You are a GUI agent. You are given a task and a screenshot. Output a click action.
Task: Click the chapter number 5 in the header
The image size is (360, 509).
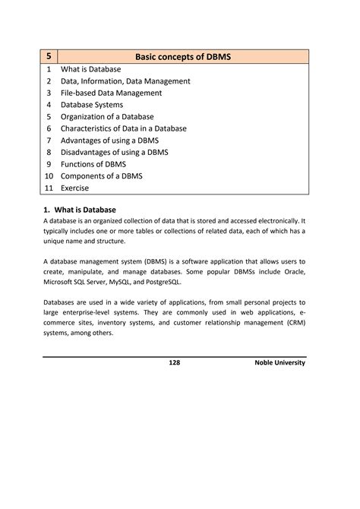click(49, 56)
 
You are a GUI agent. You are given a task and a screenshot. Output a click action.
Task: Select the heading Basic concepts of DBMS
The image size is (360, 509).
click(183, 56)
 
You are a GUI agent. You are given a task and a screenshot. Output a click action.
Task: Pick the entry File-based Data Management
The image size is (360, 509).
click(112, 93)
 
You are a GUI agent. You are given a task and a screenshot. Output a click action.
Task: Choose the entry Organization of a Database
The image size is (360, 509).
click(107, 117)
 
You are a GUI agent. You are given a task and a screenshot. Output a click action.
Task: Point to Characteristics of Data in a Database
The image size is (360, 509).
click(124, 128)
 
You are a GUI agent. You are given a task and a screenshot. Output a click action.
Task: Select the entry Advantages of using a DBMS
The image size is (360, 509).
click(114, 141)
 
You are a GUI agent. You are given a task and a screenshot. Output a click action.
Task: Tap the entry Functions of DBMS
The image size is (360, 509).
click(93, 164)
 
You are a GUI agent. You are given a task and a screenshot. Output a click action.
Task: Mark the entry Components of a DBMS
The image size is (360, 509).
click(101, 176)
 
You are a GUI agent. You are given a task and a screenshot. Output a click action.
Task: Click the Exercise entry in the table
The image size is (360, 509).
click(74, 188)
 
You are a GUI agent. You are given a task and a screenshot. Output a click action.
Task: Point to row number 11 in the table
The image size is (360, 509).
click(49, 188)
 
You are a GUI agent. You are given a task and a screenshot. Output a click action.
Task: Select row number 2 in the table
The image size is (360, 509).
click(49, 81)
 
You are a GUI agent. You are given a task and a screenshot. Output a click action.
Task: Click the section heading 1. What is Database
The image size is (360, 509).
click(80, 210)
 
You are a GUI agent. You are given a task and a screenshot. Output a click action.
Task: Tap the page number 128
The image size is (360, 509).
click(174, 363)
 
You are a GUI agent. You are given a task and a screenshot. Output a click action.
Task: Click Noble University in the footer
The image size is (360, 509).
click(280, 363)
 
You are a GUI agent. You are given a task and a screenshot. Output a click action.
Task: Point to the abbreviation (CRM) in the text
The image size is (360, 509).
click(291, 322)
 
